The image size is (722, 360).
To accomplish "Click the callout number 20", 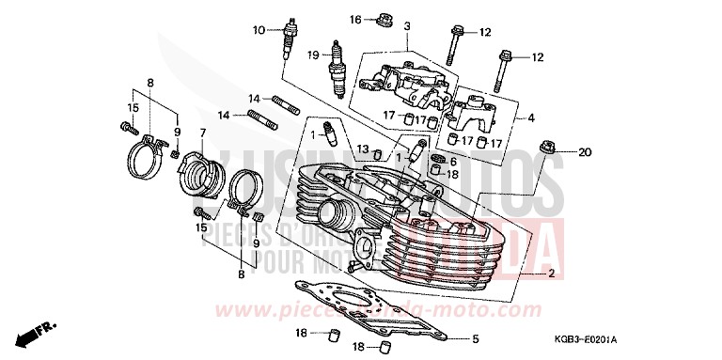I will [x=584, y=152].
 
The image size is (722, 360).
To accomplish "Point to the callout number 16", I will [x=355, y=20].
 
